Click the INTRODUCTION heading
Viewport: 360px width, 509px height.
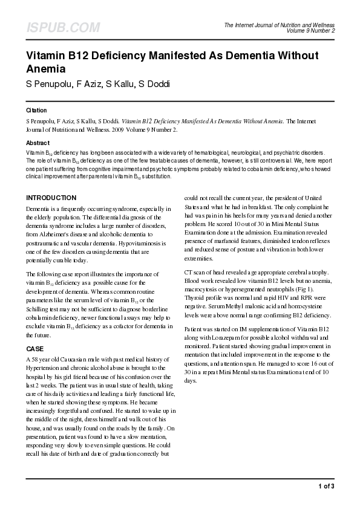tap(51, 198)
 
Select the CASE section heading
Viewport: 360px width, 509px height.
tap(35, 349)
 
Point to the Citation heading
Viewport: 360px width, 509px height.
tap(36, 111)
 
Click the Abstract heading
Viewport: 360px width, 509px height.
tap(38, 143)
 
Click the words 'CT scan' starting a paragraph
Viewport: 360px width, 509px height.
tap(196, 272)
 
